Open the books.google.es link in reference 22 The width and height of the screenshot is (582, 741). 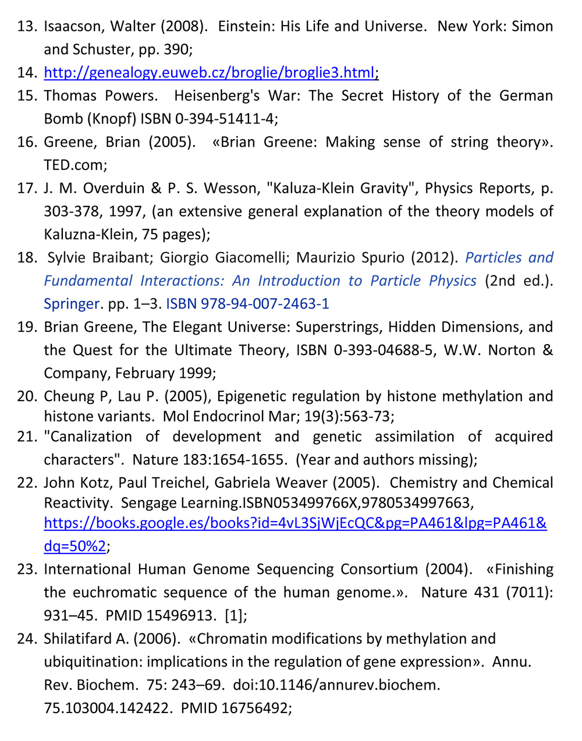pyautogui.click(x=295, y=523)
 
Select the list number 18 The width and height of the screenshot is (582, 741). pyautogui.click(x=27, y=258)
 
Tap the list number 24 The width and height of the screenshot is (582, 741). pyautogui.click(x=27, y=639)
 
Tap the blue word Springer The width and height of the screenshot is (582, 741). pyautogui.click(x=72, y=304)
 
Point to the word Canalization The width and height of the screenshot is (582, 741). pyautogui.click(x=88, y=437)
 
